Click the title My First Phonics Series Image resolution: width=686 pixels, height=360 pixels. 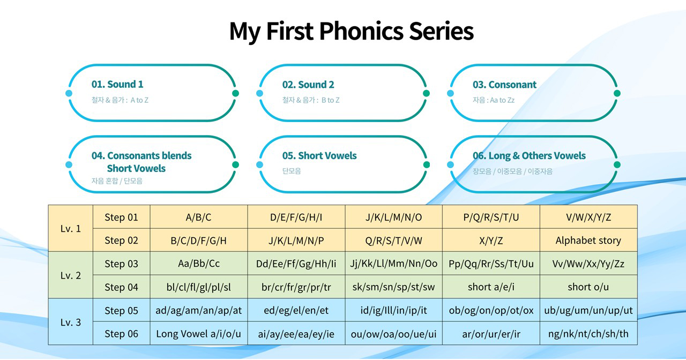click(351, 31)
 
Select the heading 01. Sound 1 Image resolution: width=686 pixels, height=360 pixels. click(117, 85)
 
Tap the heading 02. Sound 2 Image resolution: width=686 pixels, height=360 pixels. click(308, 85)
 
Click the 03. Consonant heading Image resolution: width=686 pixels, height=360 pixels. click(504, 85)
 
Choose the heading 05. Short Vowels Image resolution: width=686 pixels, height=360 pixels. click(319, 156)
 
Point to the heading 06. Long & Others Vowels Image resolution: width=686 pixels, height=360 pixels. click(529, 156)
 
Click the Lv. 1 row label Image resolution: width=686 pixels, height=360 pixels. click(71, 228)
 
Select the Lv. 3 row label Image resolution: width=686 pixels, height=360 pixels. click(71, 322)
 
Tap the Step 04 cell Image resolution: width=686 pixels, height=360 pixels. click(121, 287)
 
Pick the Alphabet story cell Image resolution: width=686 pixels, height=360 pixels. click(588, 241)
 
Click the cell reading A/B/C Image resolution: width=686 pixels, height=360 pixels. click(198, 217)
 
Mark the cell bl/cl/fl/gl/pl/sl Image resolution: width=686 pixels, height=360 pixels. click(198, 287)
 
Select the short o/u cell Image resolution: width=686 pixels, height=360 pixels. click(588, 287)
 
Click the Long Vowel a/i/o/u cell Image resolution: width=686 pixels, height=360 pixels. click(198, 334)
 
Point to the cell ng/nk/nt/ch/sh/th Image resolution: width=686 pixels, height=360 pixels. click(588, 334)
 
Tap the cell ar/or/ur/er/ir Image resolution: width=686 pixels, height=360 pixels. click(491, 334)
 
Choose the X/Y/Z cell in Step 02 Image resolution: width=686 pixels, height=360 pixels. click(491, 241)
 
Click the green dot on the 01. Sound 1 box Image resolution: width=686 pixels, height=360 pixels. click(235, 93)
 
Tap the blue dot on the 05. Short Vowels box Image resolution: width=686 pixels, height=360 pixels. click(259, 164)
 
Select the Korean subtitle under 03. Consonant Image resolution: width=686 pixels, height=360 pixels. click(493, 100)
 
